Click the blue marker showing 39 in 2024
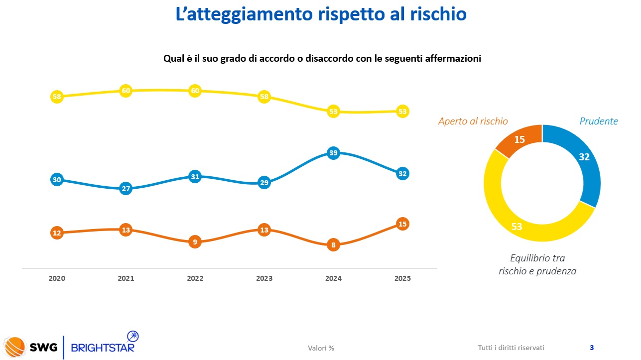333,153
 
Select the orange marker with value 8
333,245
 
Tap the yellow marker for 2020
57,97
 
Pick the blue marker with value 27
126,189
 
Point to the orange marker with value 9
195,242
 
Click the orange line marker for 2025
402,224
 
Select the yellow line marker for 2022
195,91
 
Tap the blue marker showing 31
195,177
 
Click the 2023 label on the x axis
264,279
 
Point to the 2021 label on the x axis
126,279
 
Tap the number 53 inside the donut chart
516,227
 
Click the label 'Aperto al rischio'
473,121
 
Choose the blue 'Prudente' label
598,121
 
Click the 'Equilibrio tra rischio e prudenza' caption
537,265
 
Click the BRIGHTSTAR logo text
103,347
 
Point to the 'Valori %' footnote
321,348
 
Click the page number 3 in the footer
591,348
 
